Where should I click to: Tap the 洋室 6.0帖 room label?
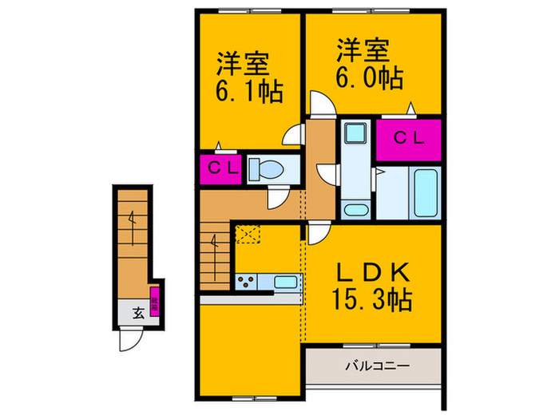click(x=368, y=65)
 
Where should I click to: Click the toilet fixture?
click(x=263, y=169)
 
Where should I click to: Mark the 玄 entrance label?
click(x=137, y=312)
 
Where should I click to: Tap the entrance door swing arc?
click(x=129, y=340)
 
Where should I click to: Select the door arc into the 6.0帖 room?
click(x=319, y=104)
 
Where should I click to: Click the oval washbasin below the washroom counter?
click(x=355, y=210)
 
